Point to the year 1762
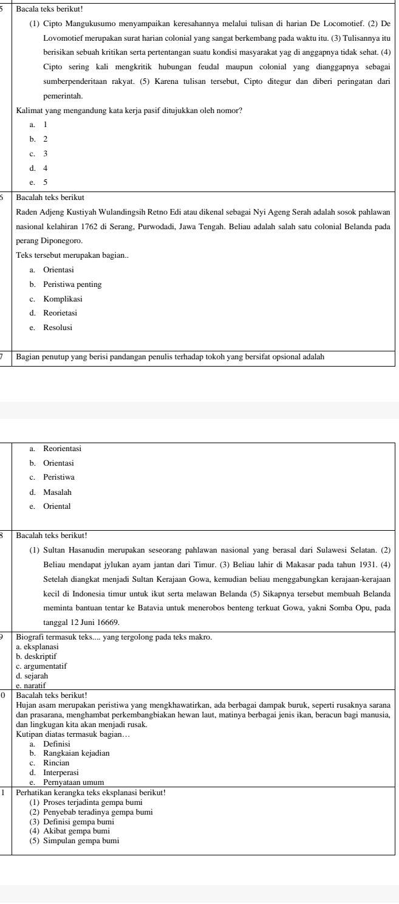93,227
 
